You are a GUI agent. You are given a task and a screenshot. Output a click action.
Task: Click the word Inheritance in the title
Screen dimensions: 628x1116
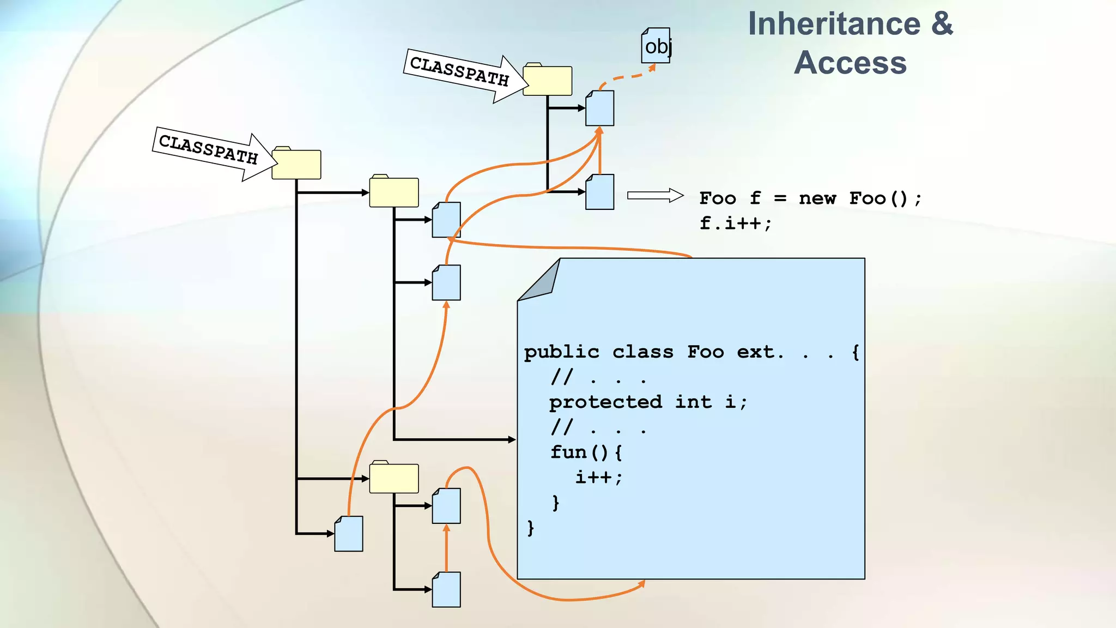834,25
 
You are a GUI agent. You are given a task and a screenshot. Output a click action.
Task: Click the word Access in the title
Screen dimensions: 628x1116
850,63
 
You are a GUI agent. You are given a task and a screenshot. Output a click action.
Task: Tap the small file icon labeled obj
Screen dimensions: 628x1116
656,46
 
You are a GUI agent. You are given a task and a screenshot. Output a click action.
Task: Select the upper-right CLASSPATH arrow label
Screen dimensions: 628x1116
459,71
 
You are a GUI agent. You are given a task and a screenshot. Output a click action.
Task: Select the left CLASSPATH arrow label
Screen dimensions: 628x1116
208,149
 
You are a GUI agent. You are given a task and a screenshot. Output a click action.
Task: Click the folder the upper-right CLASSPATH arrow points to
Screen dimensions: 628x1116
547,81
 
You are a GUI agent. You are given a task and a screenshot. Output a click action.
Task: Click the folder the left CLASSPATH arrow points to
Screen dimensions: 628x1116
296,164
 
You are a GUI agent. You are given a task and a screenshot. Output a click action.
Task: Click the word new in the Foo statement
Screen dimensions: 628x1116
817,198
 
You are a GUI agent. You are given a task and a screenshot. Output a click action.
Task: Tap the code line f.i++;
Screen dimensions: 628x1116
735,223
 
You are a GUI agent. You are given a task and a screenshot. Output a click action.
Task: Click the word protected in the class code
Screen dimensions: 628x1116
605,402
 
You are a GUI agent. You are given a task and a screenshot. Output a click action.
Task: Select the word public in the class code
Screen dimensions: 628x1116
561,352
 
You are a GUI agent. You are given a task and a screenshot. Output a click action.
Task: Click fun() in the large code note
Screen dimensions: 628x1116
586,452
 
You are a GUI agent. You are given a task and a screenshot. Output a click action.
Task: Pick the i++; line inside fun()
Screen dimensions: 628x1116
598,478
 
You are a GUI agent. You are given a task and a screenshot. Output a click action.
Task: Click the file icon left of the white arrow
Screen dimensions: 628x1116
599,192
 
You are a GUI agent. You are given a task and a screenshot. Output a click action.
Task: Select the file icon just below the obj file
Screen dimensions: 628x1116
599,108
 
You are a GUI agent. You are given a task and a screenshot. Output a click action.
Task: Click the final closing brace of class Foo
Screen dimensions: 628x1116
530,528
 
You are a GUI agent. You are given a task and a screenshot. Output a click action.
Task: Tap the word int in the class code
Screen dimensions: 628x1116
693,402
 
